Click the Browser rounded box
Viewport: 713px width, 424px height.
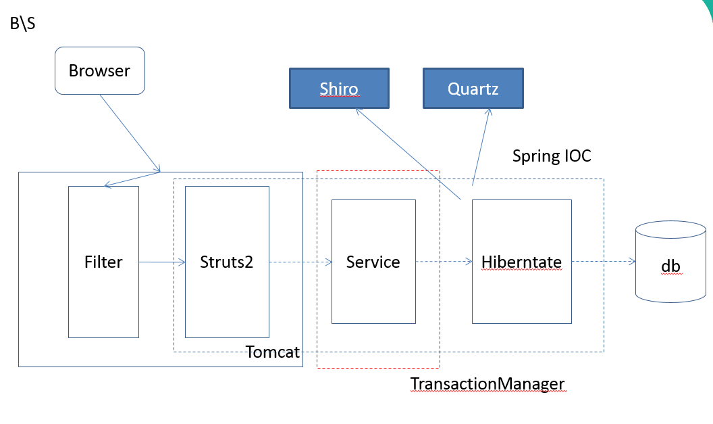pos(100,70)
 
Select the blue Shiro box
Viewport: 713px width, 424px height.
pos(339,89)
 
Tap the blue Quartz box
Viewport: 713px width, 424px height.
pos(473,89)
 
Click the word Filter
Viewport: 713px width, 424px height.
pos(104,262)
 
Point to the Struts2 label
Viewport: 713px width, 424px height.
pos(226,262)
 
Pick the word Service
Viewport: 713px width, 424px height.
pos(373,262)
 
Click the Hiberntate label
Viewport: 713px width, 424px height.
pos(521,262)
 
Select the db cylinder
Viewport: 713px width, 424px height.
pos(670,262)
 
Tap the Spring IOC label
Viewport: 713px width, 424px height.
pos(552,156)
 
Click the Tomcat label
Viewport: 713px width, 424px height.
pos(273,352)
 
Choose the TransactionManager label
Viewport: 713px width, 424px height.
pos(487,384)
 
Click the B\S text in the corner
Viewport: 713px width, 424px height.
pos(23,23)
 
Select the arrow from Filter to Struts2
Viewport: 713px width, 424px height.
pos(162,262)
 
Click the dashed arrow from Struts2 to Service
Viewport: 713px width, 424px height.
pos(300,262)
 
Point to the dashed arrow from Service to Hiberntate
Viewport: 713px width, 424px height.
pos(444,262)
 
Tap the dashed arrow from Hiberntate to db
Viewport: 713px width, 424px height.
pos(604,262)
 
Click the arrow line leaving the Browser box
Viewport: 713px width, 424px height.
pos(130,133)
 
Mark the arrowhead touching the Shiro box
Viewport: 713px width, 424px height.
pos(359,111)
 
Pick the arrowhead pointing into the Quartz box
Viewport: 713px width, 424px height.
pos(489,112)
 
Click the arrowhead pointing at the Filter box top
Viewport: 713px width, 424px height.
pos(108,185)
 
